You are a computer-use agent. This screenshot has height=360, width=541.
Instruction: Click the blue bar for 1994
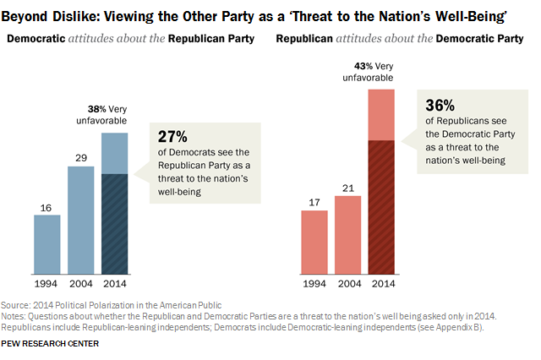[x=46, y=245]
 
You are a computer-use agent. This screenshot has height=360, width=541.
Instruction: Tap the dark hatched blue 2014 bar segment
[x=114, y=224]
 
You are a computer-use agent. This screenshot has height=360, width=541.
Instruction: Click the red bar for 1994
[x=314, y=243]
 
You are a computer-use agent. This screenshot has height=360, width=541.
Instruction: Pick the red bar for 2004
[x=348, y=235]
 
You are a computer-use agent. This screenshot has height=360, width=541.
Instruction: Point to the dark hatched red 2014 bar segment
[x=382, y=207]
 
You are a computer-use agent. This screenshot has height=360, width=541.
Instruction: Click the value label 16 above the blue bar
[x=46, y=206]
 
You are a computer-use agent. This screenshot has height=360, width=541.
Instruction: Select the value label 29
[x=80, y=158]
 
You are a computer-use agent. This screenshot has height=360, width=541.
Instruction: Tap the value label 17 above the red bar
[x=314, y=202]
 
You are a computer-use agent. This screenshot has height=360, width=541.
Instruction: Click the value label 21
[x=348, y=188]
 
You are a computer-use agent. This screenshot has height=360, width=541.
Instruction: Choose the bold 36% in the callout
[x=438, y=106]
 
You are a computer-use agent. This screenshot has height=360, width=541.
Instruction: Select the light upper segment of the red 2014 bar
[x=382, y=114]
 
